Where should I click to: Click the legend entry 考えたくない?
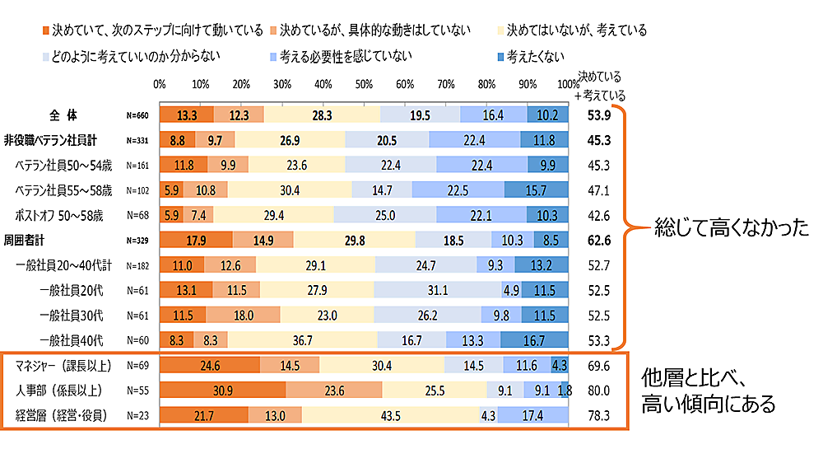(536, 56)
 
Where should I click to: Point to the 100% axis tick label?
(566, 84)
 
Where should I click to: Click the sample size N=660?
(137, 115)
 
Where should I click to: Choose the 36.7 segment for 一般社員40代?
(302, 339)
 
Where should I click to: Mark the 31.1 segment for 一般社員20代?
(438, 290)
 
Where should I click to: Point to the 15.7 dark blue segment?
(536, 189)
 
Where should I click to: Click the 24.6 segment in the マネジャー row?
(210, 364)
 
